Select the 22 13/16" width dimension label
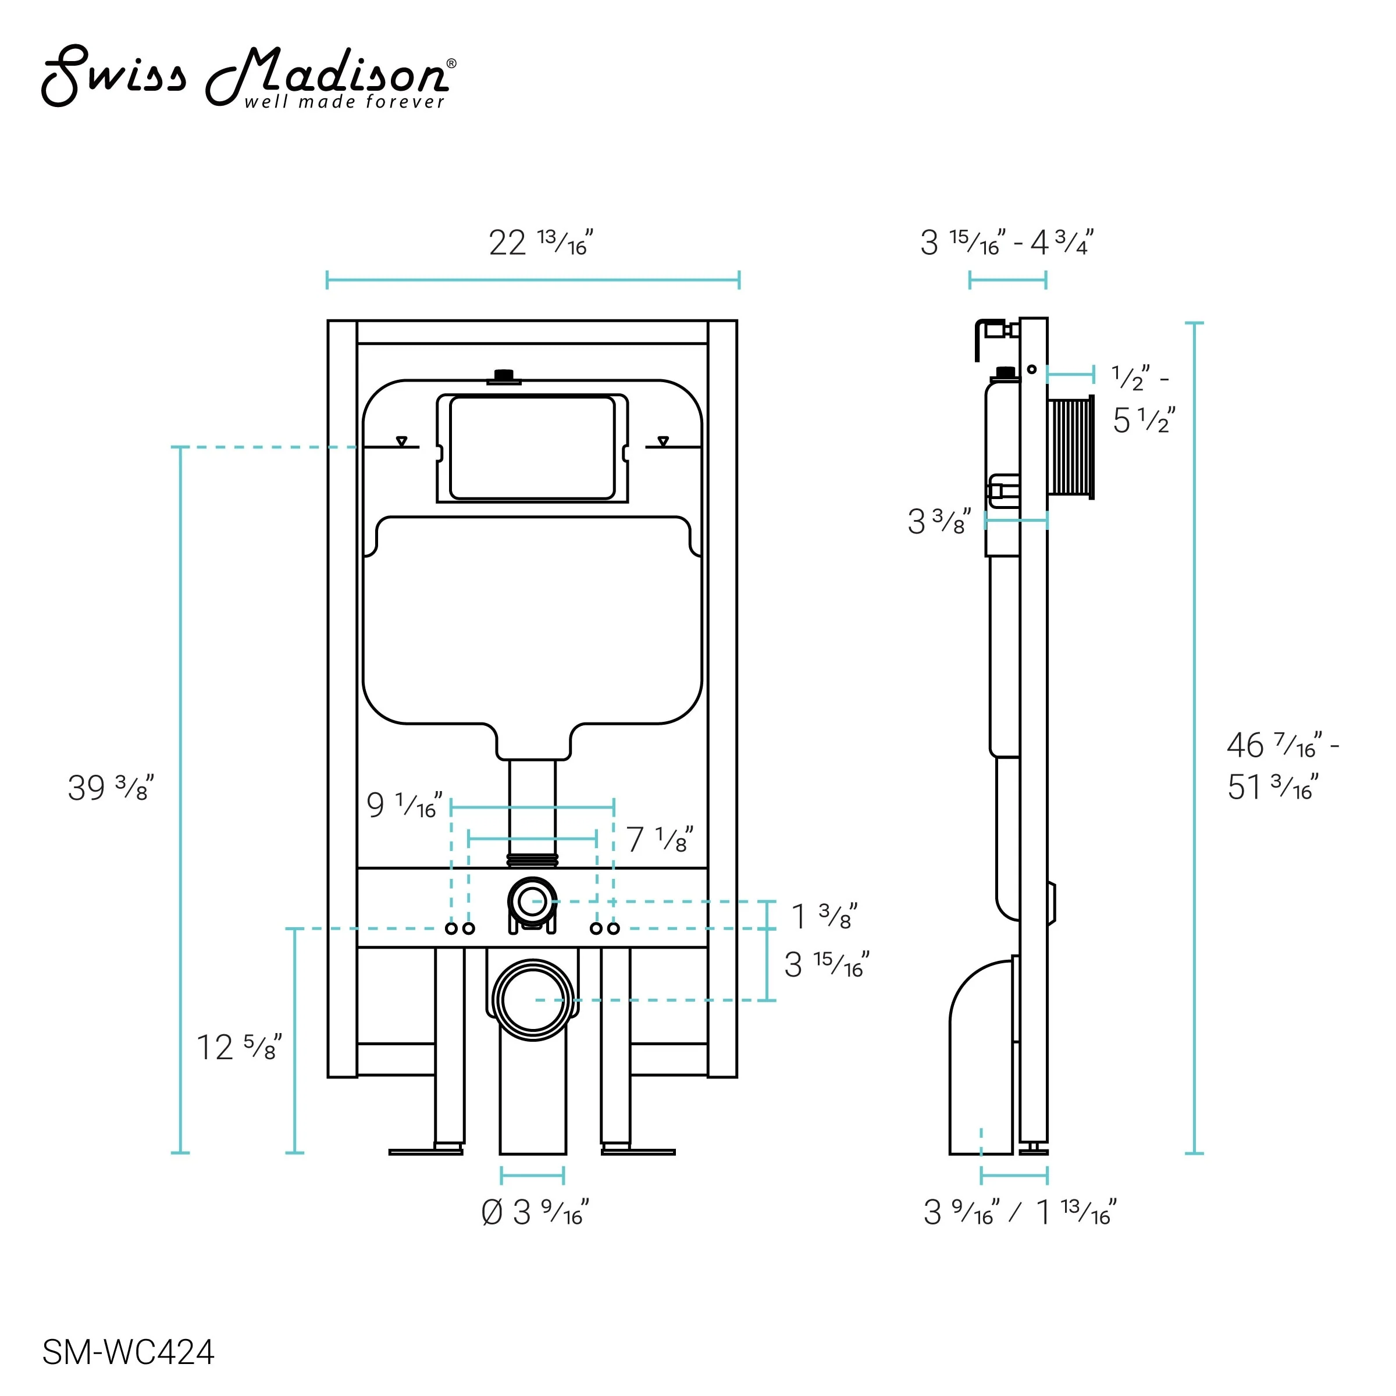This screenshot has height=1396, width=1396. pos(540,243)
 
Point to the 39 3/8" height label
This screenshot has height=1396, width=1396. pos(111,788)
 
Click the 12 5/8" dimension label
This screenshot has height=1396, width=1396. pos(239,1047)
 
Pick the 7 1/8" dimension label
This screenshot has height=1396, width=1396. pos(660,839)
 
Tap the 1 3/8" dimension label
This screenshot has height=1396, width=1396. pos(824,916)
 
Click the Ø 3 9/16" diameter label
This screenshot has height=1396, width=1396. pos(535,1212)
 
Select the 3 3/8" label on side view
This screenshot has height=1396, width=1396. pos(939,521)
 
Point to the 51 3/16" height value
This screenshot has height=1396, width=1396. pos(1273,787)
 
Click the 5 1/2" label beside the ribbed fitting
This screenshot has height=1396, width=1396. pos(1144,420)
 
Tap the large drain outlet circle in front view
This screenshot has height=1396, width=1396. pos(533,1000)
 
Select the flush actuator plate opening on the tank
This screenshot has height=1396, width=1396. pos(533,448)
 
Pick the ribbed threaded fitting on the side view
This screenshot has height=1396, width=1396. pos(1070,447)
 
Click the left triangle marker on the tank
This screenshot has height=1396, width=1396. pos(402,441)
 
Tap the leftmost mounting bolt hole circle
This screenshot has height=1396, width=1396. pos(451,928)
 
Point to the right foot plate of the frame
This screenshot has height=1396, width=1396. pos(639,1152)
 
